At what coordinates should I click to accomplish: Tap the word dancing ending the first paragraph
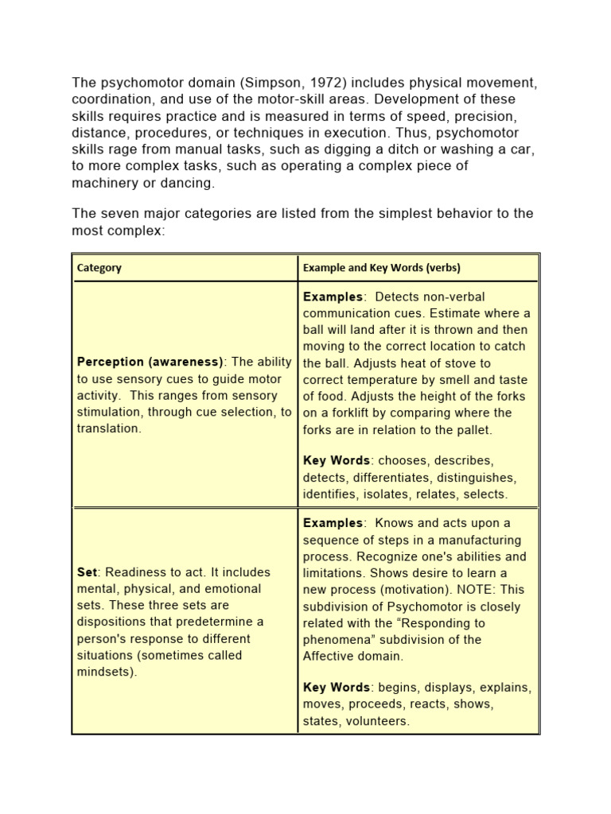pos(190,183)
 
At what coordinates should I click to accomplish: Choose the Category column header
pos(99,268)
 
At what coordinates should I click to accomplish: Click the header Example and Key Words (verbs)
pos(381,268)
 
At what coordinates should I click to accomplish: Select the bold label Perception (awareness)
pos(151,362)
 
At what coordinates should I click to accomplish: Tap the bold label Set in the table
pos(87,572)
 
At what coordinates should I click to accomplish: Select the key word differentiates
pos(399,478)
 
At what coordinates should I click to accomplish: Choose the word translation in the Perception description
pos(107,428)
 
